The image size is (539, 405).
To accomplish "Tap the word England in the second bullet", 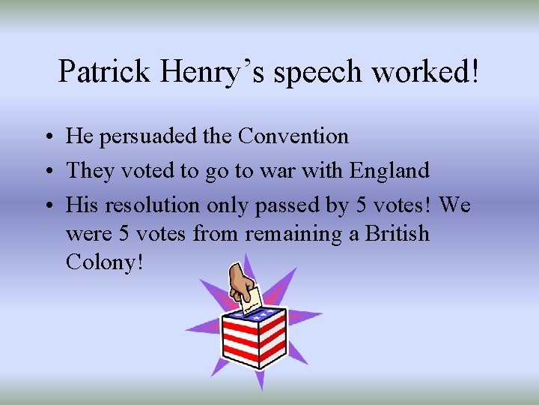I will point(389,171).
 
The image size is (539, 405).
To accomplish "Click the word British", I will point(397,234).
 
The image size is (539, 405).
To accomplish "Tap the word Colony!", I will point(104,263).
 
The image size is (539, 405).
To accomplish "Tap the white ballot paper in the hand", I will point(254,298).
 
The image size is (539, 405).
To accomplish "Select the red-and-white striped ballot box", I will point(253,338).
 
